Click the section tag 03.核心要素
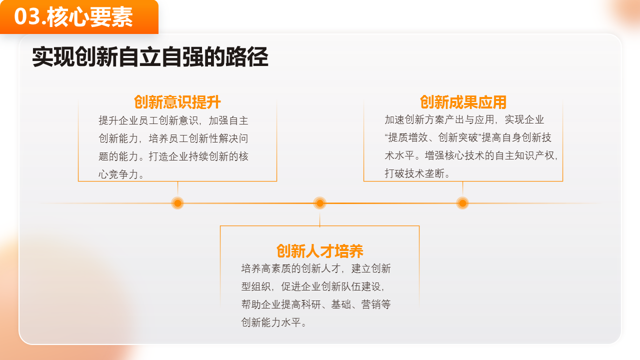(x=79, y=17)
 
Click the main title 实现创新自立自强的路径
(x=150, y=57)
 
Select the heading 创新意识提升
(x=177, y=102)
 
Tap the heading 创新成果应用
(x=463, y=102)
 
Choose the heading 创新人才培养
(x=319, y=250)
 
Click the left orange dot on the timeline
(x=177, y=203)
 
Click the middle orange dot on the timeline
(x=319, y=203)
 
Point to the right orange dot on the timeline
(x=462, y=203)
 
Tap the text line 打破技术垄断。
(x=418, y=173)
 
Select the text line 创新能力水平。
(x=274, y=322)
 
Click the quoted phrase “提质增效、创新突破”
(x=433, y=137)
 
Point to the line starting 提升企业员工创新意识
(x=173, y=120)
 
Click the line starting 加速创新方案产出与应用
(x=464, y=119)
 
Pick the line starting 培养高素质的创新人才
(x=316, y=268)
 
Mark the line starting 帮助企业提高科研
(x=316, y=304)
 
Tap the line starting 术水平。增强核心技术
(x=471, y=155)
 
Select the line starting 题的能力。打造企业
(x=173, y=156)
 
